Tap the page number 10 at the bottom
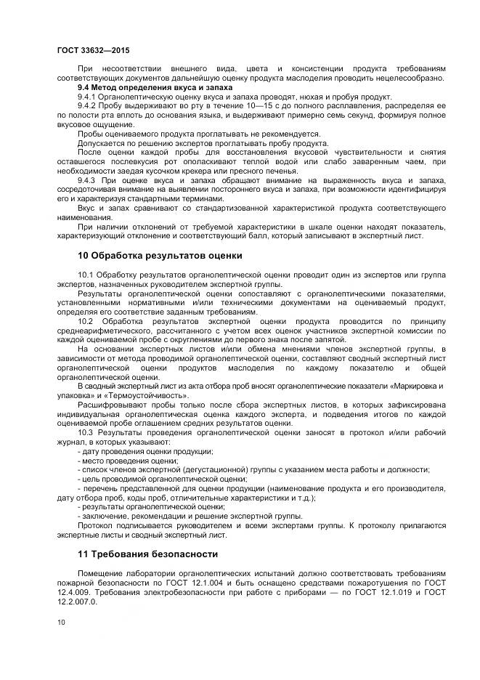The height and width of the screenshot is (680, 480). tap(61, 622)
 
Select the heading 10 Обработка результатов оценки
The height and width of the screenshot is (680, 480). tap(160, 256)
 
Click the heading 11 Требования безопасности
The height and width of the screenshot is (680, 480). tap(147, 554)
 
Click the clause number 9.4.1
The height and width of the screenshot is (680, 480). tap(86, 97)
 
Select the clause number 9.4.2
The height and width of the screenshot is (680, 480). tap(86, 106)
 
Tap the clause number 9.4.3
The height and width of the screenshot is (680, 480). tap(86, 179)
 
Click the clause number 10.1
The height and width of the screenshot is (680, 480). tap(86, 274)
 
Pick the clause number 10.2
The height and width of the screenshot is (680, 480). tap(86, 320)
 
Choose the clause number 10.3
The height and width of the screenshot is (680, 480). tap(86, 432)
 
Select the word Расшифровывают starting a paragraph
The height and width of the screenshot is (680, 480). tap(109, 405)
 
